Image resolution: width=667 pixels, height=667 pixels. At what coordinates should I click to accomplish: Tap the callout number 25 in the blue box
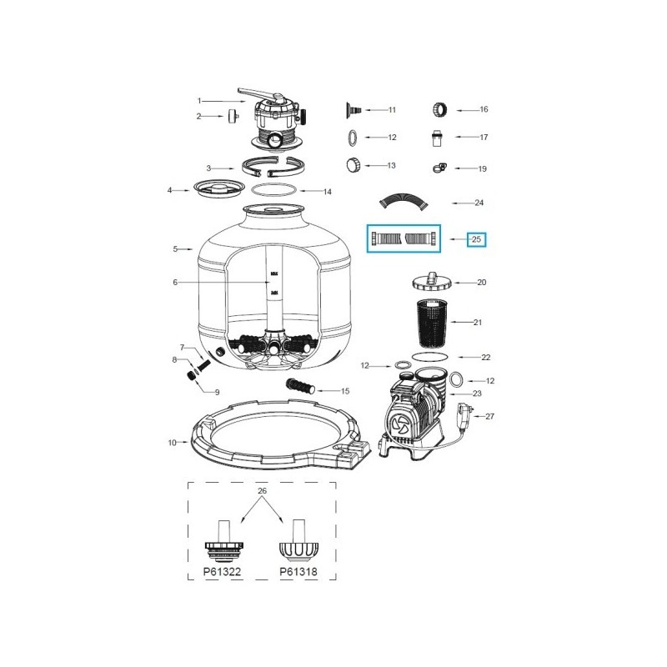pyautogui.click(x=477, y=239)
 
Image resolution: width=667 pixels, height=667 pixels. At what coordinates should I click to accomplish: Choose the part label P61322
pyautogui.click(x=223, y=574)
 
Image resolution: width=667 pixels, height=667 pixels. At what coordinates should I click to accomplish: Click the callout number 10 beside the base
pyautogui.click(x=173, y=442)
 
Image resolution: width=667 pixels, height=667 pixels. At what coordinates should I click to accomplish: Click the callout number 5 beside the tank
pyautogui.click(x=176, y=248)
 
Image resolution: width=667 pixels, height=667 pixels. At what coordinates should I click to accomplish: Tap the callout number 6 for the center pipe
pyautogui.click(x=176, y=283)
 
